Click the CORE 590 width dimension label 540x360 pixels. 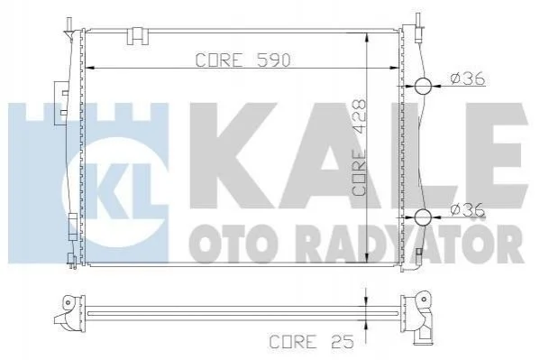243,60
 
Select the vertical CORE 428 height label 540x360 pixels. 359,148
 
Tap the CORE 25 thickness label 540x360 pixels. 312,342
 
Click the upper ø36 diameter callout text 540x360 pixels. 468,78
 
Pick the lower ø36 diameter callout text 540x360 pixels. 468,209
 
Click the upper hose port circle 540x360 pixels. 423,86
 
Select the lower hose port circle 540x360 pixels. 423,217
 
